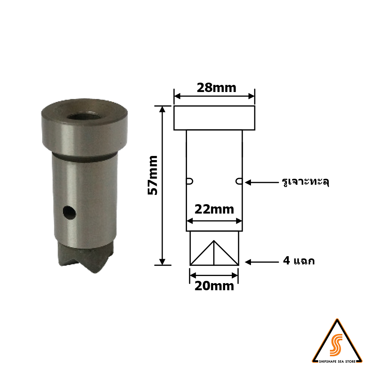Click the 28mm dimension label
point(216,88)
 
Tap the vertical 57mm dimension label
point(153,175)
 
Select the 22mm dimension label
point(214,209)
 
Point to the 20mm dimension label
point(214,286)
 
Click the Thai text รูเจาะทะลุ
point(305,182)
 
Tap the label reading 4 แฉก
point(298,261)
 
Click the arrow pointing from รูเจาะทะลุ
point(262,183)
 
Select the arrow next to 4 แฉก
point(262,262)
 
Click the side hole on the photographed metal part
point(70,212)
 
